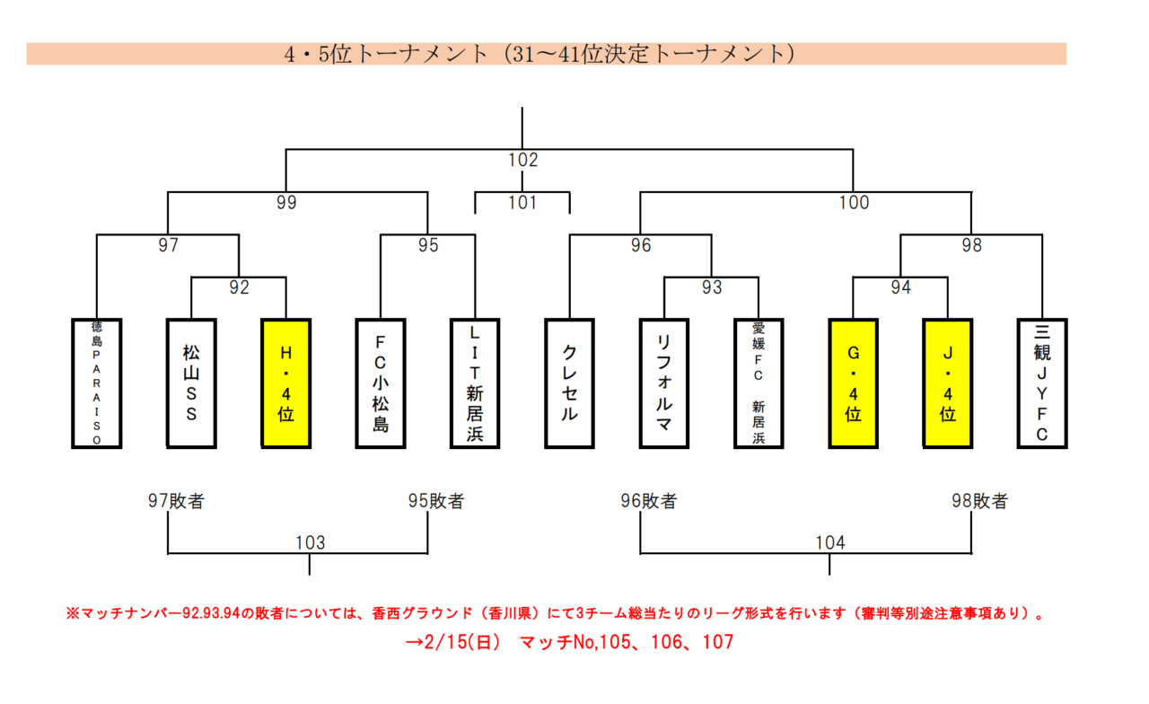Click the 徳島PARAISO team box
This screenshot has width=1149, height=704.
click(x=97, y=383)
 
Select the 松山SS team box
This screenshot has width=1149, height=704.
click(x=191, y=383)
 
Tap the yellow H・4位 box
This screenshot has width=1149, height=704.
click(x=285, y=383)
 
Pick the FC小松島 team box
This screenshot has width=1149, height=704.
click(x=380, y=383)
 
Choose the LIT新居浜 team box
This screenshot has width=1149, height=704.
click(x=475, y=383)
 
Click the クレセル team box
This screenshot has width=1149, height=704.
click(x=569, y=383)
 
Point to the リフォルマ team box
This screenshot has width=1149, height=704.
click(x=664, y=383)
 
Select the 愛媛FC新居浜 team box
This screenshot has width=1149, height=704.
click(x=759, y=383)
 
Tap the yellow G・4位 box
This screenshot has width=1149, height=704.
click(x=853, y=383)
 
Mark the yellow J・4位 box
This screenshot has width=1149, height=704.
click(x=947, y=383)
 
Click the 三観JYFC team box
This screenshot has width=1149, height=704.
click(x=1042, y=383)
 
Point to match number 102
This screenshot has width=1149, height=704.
click(x=522, y=161)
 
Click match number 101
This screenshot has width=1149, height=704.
click(x=522, y=203)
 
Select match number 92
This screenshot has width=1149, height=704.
click(x=239, y=288)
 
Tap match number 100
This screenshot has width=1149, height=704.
click(x=854, y=203)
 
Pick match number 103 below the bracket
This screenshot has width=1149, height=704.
click(x=310, y=542)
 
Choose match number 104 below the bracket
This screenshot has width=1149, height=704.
click(x=830, y=542)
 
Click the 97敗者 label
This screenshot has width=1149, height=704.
click(x=177, y=501)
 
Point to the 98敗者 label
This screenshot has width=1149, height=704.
click(x=980, y=501)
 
